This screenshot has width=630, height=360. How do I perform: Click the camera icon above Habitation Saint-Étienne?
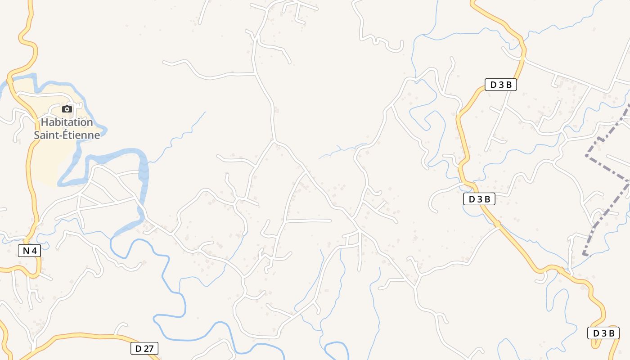tap(67, 109)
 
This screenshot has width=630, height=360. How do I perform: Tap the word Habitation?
tap(67, 122)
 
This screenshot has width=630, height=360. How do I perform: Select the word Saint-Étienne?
tap(67, 135)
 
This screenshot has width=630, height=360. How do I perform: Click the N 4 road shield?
tap(30, 251)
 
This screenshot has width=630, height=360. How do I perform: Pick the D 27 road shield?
tap(144, 348)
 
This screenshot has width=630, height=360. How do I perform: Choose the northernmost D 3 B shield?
tap(500, 85)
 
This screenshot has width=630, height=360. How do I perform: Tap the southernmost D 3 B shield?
tap(603, 333)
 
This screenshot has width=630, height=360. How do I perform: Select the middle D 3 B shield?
tap(479, 199)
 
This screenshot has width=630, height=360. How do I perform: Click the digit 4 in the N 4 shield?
tap(34, 251)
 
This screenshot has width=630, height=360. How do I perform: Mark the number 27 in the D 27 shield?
tap(148, 348)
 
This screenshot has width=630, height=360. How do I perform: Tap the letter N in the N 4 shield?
tap(26, 251)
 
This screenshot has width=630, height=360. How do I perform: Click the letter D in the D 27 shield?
tap(138, 348)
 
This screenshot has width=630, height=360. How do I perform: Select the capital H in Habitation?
tap(45, 122)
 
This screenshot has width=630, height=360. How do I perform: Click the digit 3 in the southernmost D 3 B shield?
tap(603, 333)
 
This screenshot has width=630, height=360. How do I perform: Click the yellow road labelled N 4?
tap(31, 189)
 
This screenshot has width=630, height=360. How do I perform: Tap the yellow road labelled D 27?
tap(90, 336)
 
